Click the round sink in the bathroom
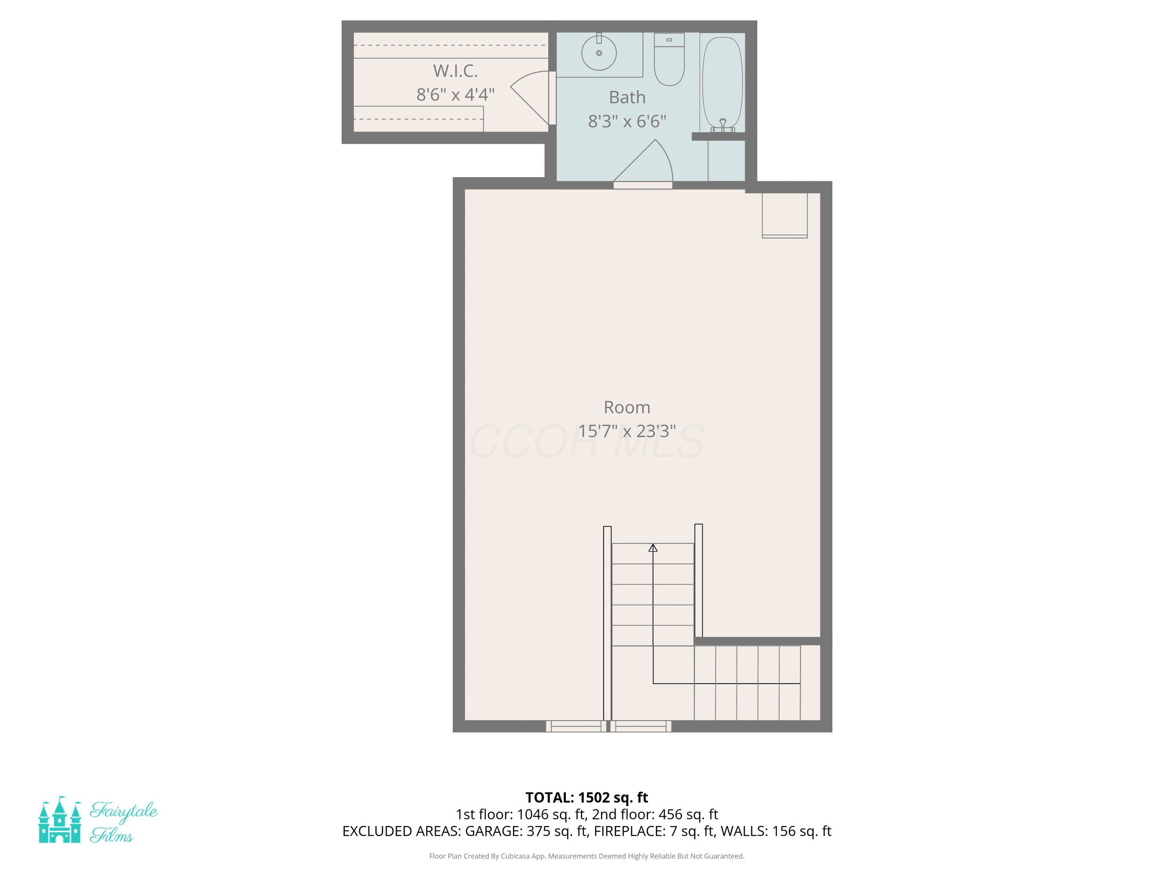pos(599,52)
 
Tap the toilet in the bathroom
pos(669,59)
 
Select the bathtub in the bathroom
pos(722,83)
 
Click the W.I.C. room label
pos(456,70)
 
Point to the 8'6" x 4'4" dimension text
pos(456,94)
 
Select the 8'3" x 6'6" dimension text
pos(627,122)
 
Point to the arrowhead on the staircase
pos(653,548)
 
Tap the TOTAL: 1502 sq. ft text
pos(587,797)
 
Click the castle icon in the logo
pos(59,819)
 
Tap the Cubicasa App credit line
pos(587,856)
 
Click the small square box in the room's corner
pos(785,215)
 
